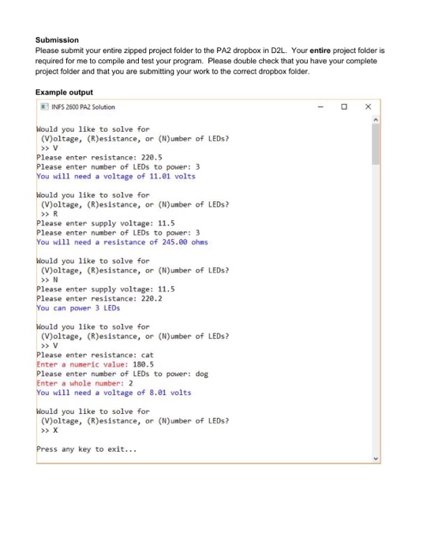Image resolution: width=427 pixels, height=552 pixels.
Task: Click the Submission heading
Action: [x=58, y=39]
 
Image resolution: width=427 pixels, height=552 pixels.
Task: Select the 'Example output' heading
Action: [x=65, y=92]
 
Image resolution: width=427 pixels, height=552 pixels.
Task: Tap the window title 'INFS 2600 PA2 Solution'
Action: [x=83, y=106]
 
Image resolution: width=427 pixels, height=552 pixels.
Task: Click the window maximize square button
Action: [x=343, y=106]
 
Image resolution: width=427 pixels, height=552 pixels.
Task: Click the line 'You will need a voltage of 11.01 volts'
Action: [x=116, y=176]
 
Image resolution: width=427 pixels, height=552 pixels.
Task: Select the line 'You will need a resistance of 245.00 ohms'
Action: [x=122, y=242]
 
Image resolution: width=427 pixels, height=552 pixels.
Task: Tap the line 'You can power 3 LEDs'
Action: [x=76, y=308]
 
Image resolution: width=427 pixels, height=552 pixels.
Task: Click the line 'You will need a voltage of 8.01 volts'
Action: [x=114, y=393]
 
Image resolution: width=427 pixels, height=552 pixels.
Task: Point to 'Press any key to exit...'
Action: [x=87, y=449]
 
